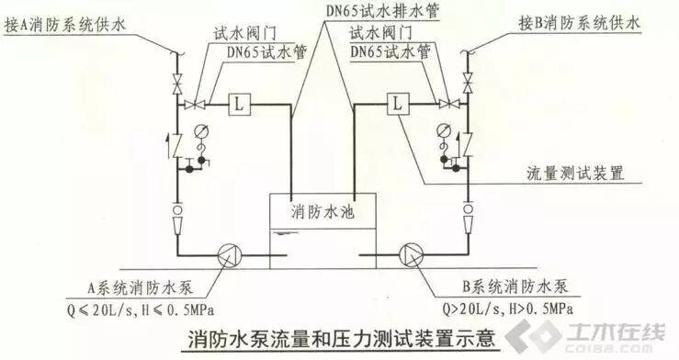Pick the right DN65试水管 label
click(389, 52)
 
